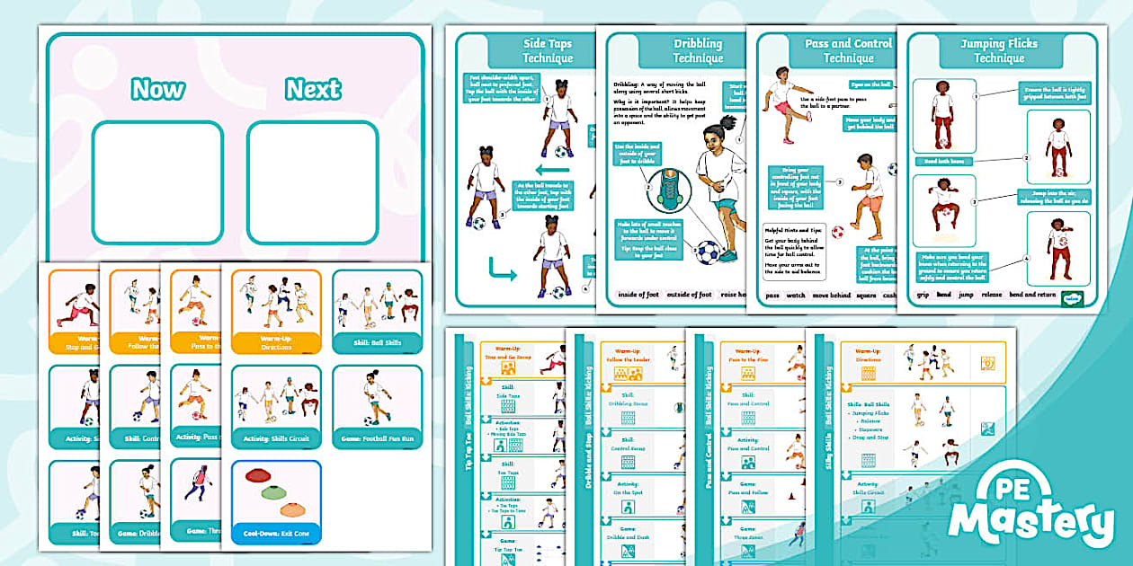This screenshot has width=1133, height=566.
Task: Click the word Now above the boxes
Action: coord(157,89)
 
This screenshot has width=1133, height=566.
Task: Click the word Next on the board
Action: coord(313,89)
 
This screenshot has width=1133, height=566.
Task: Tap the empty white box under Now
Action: coord(157,182)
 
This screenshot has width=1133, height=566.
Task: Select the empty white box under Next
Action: coord(312,182)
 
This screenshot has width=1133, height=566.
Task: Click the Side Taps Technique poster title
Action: coord(548,51)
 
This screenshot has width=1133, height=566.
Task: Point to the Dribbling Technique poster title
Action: coord(698,51)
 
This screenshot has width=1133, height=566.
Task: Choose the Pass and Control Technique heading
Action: coord(848,51)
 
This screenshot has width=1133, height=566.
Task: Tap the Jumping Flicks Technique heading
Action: coord(999,51)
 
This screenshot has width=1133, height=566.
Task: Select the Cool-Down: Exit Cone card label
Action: coord(276,532)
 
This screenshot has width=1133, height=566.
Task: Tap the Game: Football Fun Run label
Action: coord(377,438)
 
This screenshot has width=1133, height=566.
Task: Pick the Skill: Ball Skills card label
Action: coord(377,341)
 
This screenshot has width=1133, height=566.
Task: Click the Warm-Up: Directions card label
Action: coord(276,342)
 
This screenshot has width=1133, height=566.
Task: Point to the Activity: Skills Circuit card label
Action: coord(276,438)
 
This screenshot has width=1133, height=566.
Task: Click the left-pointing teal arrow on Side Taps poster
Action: coord(553,169)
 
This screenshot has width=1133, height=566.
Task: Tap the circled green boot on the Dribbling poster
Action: coord(668,190)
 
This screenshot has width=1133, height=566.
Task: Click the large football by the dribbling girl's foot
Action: coord(709,252)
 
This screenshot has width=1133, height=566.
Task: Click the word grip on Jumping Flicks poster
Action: coord(923,294)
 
